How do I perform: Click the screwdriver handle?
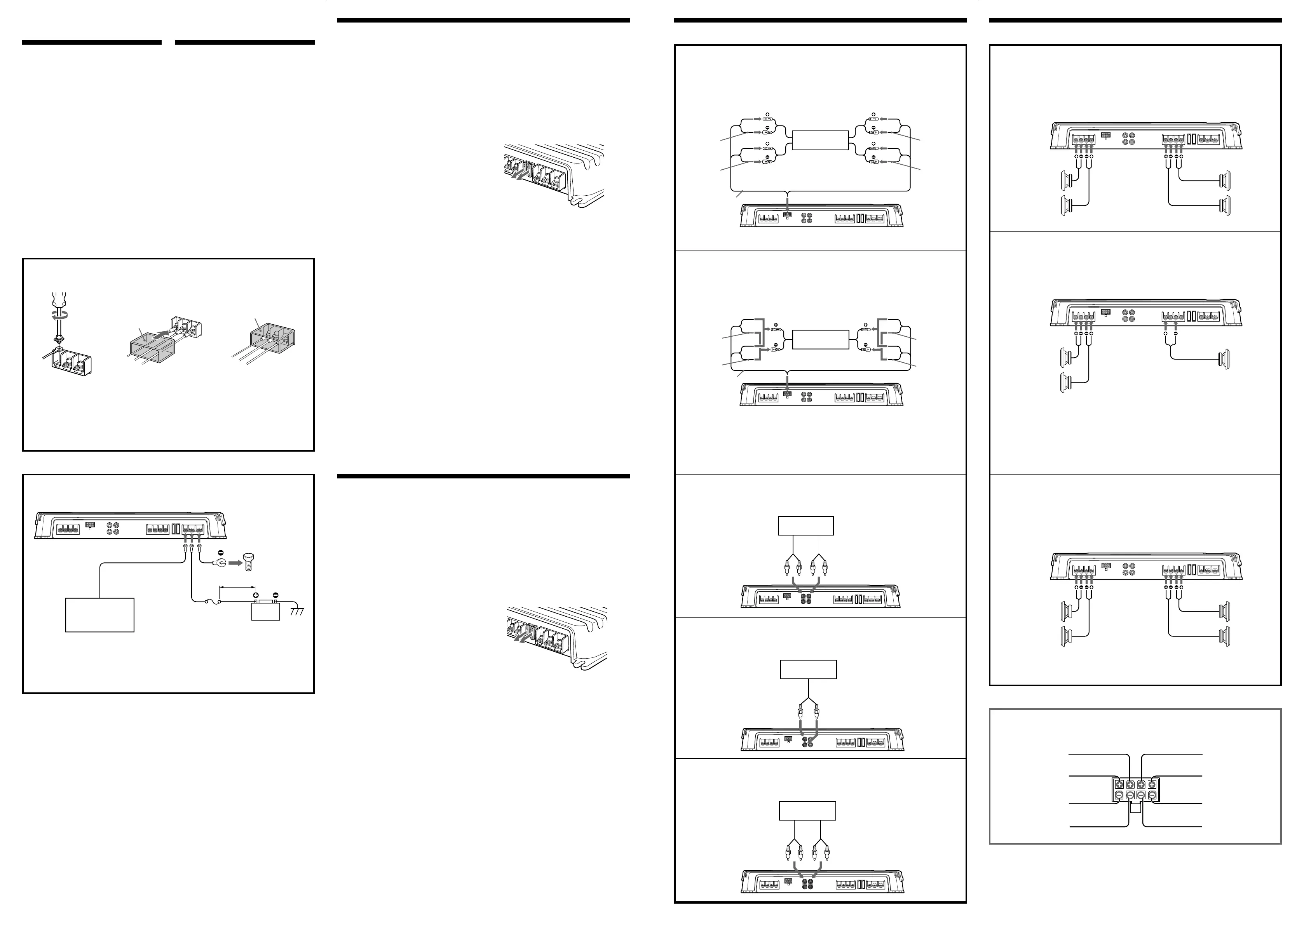[x=57, y=299]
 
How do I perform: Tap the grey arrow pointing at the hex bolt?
[x=234, y=563]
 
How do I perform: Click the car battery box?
[x=266, y=611]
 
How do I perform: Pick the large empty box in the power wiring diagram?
[x=100, y=615]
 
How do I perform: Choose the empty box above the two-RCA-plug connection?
[x=808, y=669]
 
